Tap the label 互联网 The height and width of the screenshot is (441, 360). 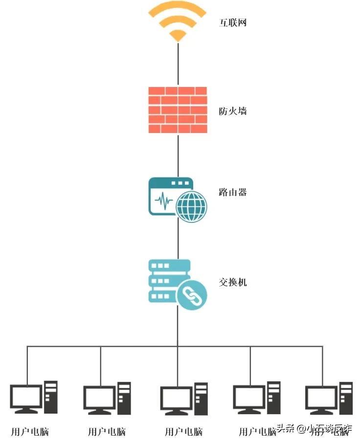point(232,22)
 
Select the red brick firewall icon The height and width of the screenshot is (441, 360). point(178,110)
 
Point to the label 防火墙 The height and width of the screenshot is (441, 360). point(232,111)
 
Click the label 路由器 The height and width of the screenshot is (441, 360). point(232,192)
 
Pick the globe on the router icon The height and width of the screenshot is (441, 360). point(191,206)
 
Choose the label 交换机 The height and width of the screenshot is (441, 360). point(232,282)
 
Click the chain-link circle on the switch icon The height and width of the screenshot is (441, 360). point(191,295)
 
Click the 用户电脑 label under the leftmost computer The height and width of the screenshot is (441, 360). point(30,432)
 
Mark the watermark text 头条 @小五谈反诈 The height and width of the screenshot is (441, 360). point(314,429)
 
